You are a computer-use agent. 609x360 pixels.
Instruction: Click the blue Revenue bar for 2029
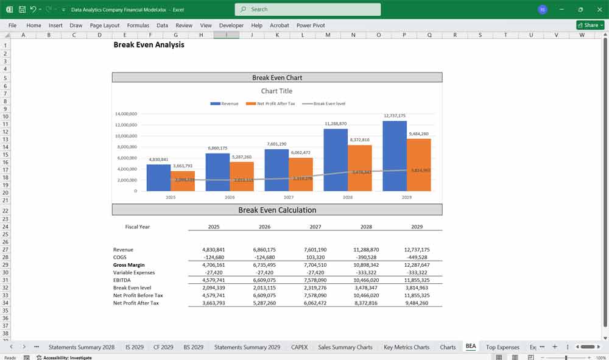point(395,156)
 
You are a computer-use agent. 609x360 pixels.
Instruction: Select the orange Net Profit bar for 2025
point(183,181)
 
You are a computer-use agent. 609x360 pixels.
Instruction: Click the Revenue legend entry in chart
point(225,104)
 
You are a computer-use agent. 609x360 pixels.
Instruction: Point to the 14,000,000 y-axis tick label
point(125,114)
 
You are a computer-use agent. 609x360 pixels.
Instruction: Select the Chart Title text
point(276,91)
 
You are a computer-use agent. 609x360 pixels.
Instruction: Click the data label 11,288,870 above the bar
point(336,124)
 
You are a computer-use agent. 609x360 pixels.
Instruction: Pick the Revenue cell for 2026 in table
point(264,250)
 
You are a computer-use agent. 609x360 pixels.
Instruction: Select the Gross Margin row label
point(128,265)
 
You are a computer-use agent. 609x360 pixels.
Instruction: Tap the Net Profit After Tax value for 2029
point(417,303)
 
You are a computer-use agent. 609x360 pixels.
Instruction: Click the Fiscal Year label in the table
point(137,227)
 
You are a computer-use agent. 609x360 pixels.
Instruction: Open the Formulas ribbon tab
point(138,26)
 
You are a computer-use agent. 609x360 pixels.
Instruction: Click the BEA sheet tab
point(471,347)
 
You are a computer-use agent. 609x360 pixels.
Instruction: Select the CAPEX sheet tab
point(299,347)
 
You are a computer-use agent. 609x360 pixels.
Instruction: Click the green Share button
point(590,25)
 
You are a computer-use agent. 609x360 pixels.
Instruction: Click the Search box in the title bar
point(308,9)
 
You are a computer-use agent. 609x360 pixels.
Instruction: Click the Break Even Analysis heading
point(149,45)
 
